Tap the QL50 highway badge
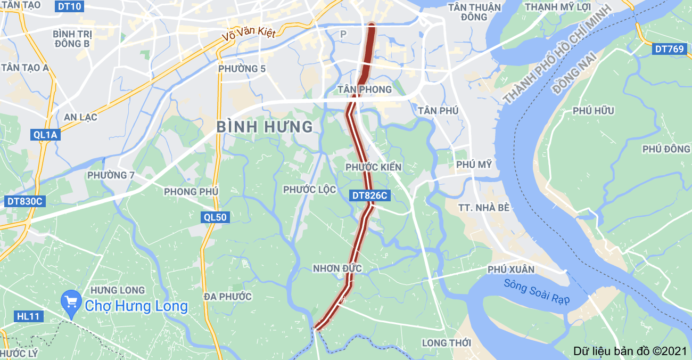(215, 217)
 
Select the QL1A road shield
(45, 135)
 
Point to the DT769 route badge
(669, 49)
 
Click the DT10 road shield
(69, 7)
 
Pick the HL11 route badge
(28, 316)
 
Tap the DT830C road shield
(24, 201)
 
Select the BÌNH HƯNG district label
(265, 127)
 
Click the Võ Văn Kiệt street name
(249, 34)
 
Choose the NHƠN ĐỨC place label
(337, 268)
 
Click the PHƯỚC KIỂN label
(373, 167)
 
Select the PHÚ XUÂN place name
(511, 269)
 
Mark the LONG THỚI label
(447, 342)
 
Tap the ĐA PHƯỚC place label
(228, 297)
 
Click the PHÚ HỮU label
(594, 111)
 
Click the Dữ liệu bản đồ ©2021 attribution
(630, 351)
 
